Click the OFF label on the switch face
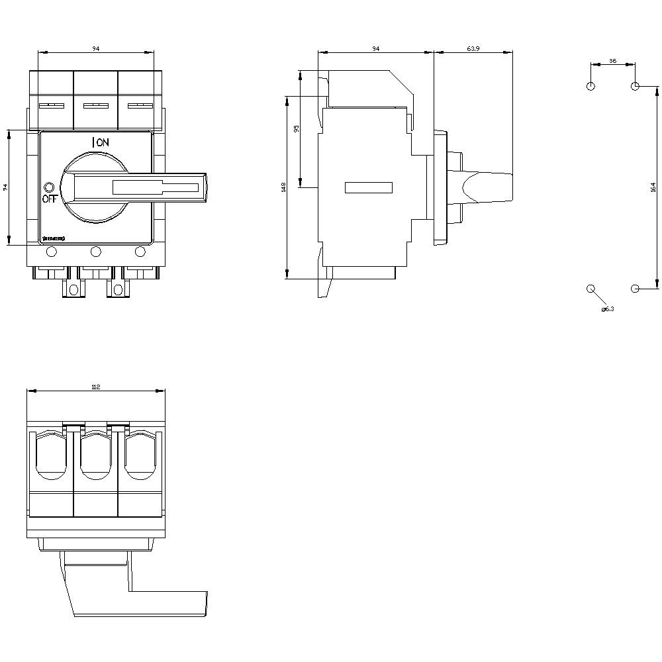tap(50, 198)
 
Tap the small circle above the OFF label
tap(48, 187)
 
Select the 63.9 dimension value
tap(473, 49)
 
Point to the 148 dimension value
tap(283, 187)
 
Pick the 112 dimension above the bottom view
tap(95, 387)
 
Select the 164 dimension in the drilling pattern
tap(652, 187)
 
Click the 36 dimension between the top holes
tap(612, 61)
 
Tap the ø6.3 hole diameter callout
tap(607, 309)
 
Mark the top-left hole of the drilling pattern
tap(591, 86)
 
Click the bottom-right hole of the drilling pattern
tap(635, 289)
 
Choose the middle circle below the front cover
tap(95, 251)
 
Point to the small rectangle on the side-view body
tap(368, 187)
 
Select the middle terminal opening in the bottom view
tap(95, 456)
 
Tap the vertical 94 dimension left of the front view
tap(5, 187)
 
